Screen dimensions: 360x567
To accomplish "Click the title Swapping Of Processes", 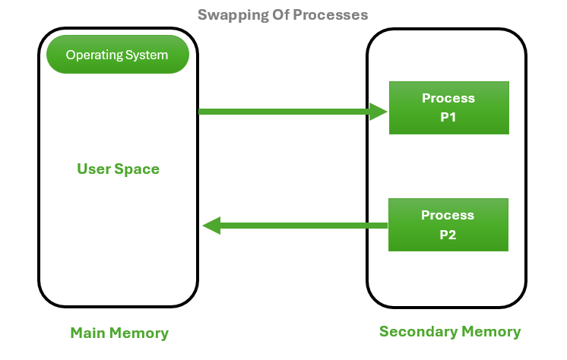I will click(x=283, y=14).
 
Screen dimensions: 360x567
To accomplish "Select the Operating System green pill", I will click(x=117, y=55).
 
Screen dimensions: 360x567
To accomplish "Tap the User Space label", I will click(x=118, y=169).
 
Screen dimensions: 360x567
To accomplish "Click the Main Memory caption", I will click(x=119, y=333).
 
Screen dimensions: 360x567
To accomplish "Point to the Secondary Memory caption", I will click(x=450, y=332).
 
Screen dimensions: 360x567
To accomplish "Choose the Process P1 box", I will click(x=448, y=108).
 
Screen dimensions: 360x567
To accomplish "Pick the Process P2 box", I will click(x=448, y=225).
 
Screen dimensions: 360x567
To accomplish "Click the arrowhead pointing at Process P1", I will click(x=379, y=112).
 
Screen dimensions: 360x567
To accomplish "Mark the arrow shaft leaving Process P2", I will click(x=304, y=226).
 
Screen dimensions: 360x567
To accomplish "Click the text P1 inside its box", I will click(x=448, y=118).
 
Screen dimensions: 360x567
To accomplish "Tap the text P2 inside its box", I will click(x=448, y=235).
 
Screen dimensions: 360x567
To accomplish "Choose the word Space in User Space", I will click(x=138, y=169).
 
